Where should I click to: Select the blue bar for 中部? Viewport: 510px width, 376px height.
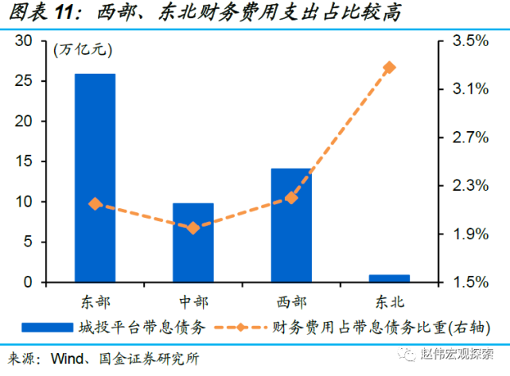tap(193, 242)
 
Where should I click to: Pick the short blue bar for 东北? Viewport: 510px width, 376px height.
tap(389, 278)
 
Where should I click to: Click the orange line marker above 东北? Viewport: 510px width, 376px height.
tap(389, 68)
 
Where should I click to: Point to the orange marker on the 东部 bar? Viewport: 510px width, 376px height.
tap(95, 204)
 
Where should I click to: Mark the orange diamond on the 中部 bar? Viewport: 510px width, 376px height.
tap(193, 228)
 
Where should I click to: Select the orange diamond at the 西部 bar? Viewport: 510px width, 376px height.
tap(291, 197)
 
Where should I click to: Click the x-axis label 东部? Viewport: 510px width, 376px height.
tap(95, 301)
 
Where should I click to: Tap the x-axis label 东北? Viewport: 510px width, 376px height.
tap(389, 301)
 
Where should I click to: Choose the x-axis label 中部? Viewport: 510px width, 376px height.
tap(193, 301)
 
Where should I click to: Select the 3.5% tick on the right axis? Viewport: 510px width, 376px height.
tap(469, 41)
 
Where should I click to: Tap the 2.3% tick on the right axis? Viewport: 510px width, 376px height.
tap(469, 185)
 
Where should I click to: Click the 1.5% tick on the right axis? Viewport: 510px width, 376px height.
tap(469, 282)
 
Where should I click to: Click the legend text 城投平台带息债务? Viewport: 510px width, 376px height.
tap(142, 327)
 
